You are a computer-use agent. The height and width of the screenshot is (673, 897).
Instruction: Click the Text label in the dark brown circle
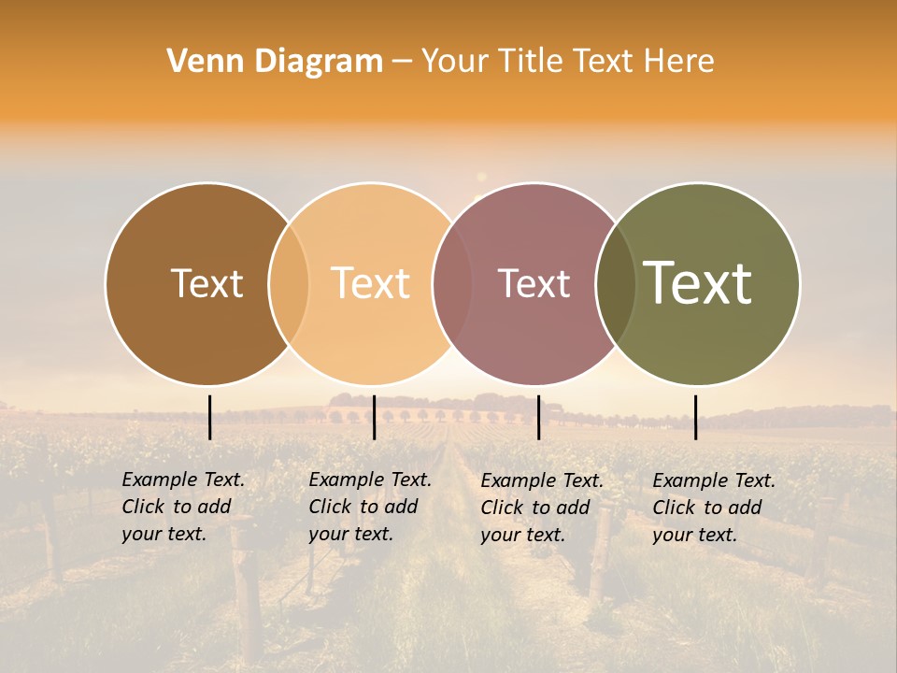pyautogui.click(x=206, y=283)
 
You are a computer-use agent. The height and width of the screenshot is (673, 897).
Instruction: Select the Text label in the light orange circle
pyautogui.click(x=370, y=283)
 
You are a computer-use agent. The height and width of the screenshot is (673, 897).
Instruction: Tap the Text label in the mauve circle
pyautogui.click(x=534, y=283)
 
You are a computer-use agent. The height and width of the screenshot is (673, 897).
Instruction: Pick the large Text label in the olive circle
pyautogui.click(x=697, y=282)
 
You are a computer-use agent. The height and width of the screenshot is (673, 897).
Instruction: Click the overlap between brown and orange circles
pyautogui.click(x=289, y=283)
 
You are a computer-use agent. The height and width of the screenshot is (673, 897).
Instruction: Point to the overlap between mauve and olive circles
pyautogui.click(x=616, y=283)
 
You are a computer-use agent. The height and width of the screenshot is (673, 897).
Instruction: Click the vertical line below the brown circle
pyautogui.click(x=210, y=417)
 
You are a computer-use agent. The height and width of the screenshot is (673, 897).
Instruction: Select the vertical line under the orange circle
pyautogui.click(x=374, y=417)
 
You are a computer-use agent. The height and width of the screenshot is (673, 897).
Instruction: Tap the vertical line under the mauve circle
pyautogui.click(x=538, y=417)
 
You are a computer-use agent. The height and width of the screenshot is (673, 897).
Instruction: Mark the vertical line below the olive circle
pyautogui.click(x=695, y=417)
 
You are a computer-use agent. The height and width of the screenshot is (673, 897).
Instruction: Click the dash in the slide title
pyautogui.click(x=402, y=61)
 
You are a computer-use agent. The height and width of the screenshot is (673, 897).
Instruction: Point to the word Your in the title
pyautogui.click(x=456, y=61)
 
